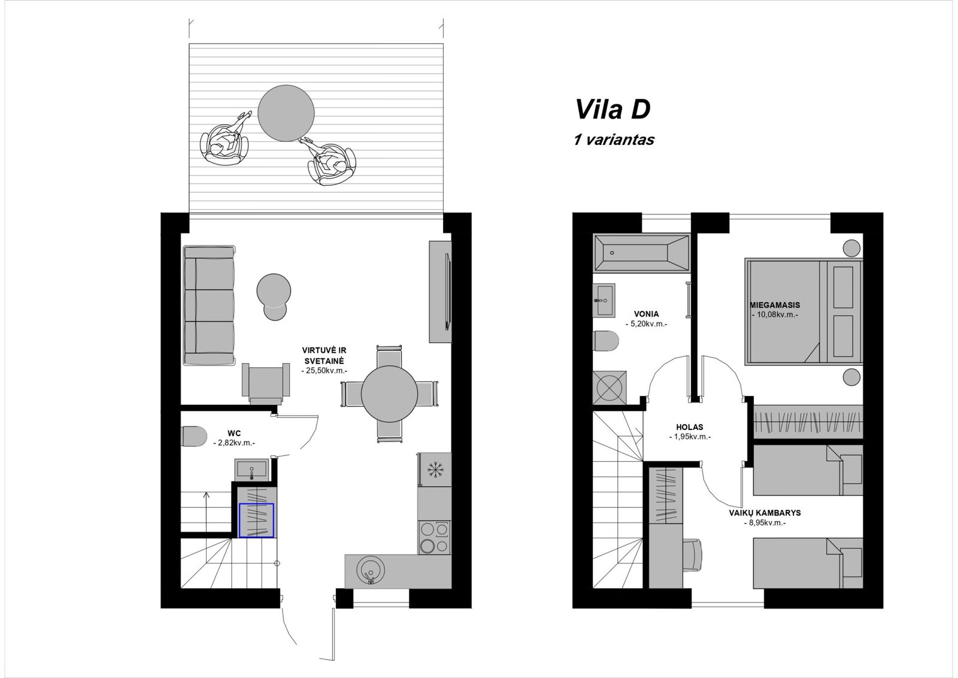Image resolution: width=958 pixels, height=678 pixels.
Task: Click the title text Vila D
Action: [x=613, y=109]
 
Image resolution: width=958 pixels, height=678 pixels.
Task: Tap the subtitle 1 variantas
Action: [x=614, y=140]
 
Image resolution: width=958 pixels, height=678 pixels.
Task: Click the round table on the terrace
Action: [x=286, y=113]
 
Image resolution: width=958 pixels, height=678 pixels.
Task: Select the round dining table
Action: [x=389, y=394]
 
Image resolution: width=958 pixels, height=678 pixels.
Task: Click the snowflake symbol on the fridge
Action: [x=436, y=470]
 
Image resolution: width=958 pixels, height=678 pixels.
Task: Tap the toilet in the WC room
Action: [x=194, y=436]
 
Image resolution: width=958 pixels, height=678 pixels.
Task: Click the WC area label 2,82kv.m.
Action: [x=234, y=443]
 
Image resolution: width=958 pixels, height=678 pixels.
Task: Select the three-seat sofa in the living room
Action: [x=210, y=305]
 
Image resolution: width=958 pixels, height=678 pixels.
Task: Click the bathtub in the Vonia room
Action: [x=641, y=253]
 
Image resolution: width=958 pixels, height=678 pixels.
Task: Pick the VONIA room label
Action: [x=647, y=314]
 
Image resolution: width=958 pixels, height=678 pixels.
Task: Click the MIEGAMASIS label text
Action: [x=775, y=305]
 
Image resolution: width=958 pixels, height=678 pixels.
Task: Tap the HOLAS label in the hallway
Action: [x=689, y=427]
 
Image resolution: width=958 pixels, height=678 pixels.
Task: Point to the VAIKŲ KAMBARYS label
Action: [x=765, y=513]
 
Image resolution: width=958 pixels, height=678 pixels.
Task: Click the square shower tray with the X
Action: [x=610, y=388]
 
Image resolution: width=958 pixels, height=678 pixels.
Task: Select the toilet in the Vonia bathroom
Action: [x=606, y=341]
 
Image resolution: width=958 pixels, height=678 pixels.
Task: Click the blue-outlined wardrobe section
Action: [x=257, y=520]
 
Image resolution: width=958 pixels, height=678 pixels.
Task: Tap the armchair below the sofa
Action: [x=266, y=383]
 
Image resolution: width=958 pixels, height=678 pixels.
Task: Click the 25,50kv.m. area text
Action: [x=324, y=371]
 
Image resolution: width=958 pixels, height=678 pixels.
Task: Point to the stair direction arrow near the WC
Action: [x=206, y=511]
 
